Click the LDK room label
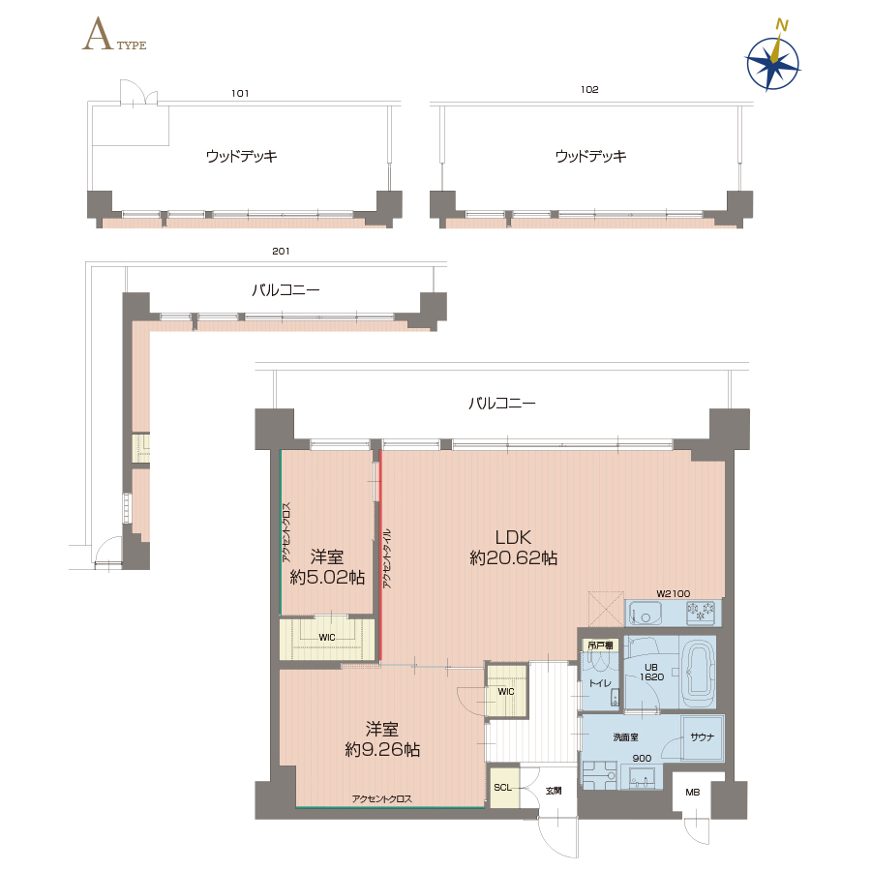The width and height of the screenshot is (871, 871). (513, 538)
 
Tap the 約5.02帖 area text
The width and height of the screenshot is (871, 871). (327, 577)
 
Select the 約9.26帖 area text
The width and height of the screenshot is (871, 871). (382, 749)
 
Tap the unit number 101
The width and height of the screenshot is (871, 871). (240, 93)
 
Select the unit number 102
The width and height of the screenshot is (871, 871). (589, 89)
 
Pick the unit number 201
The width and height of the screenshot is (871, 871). (281, 251)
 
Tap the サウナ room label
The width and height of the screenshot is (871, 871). (703, 737)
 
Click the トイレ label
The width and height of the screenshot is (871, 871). (600, 683)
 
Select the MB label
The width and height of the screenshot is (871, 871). (693, 793)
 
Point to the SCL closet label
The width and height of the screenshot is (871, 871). (502, 788)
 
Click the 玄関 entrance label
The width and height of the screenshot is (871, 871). (554, 791)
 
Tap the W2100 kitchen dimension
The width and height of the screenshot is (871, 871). (673, 593)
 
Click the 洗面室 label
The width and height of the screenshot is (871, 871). (625, 737)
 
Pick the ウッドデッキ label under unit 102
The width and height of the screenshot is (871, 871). (590, 156)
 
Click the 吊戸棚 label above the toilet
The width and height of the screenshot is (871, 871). (600, 645)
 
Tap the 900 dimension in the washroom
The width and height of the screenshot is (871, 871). (643, 758)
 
